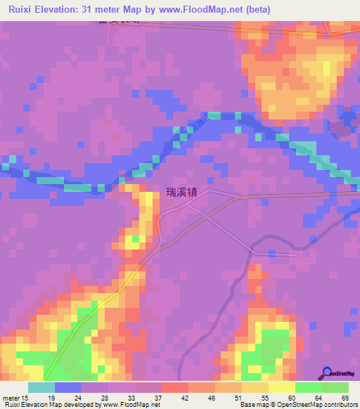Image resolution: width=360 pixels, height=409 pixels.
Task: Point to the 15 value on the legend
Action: (26, 397)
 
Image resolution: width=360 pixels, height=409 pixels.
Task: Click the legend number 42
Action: (184, 397)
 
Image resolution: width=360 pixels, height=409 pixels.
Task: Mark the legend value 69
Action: (344, 397)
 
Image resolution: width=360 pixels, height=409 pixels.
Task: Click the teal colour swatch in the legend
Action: (41, 387)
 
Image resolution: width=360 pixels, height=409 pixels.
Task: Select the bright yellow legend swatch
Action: (281, 387)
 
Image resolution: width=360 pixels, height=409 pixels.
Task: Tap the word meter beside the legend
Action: (11, 397)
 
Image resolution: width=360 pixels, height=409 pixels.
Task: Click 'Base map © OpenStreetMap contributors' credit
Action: (296, 405)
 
